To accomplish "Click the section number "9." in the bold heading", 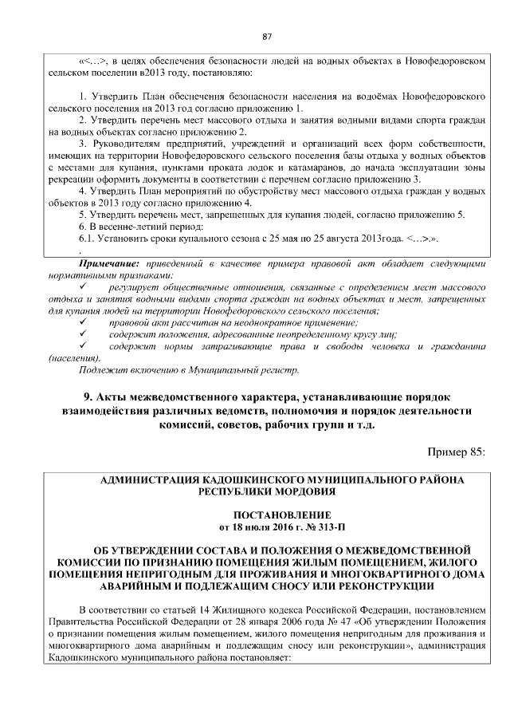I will click(x=88, y=397).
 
